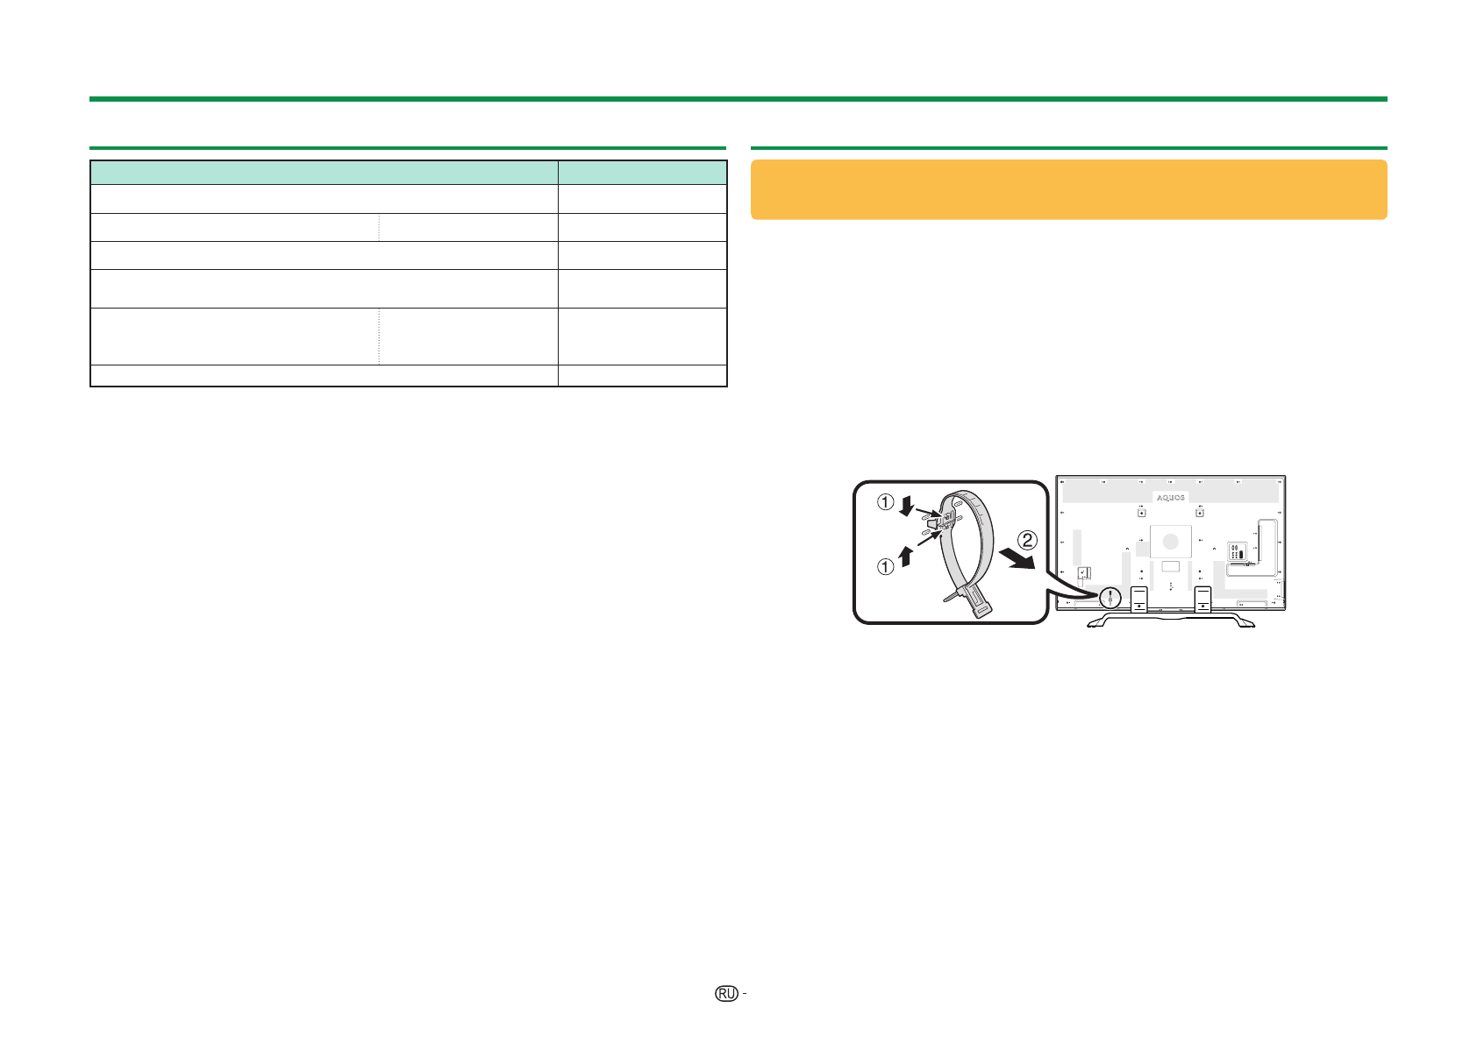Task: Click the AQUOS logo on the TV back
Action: pyautogui.click(x=1170, y=498)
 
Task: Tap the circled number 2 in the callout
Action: pyautogui.click(x=1027, y=540)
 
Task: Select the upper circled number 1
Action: pyautogui.click(x=885, y=502)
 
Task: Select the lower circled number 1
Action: pyautogui.click(x=885, y=566)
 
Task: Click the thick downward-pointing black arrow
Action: pyautogui.click(x=907, y=506)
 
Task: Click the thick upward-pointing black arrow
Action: pyautogui.click(x=905, y=556)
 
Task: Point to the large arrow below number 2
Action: pyautogui.click(x=1017, y=559)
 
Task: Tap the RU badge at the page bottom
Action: pyautogui.click(x=726, y=994)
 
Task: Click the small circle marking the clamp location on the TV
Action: pyautogui.click(x=1110, y=599)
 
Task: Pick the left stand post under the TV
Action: pyautogui.click(x=1138, y=599)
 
